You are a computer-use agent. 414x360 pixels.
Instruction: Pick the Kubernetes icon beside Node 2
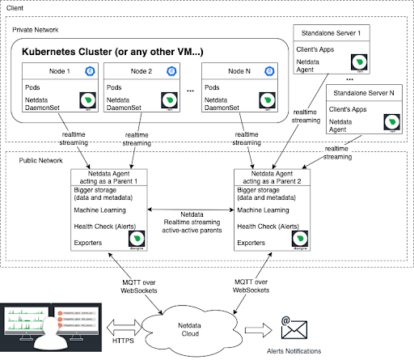pos(172,71)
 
